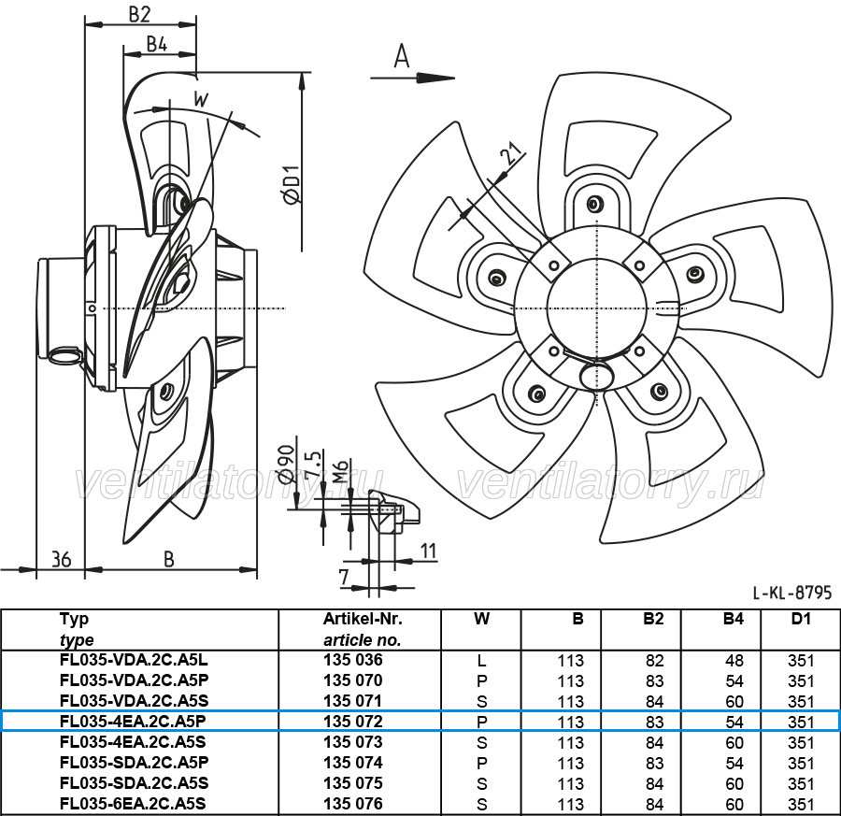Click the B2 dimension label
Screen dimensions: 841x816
coord(139,14)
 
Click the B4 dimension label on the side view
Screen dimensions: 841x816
coord(157,44)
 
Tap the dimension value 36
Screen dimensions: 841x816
coord(61,560)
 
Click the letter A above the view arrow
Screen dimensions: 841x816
coord(402,56)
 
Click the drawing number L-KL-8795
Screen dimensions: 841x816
coord(792,593)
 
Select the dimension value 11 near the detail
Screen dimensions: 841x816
coord(428,551)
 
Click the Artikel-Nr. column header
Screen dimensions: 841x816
coord(363,619)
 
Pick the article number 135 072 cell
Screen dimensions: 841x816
coord(353,722)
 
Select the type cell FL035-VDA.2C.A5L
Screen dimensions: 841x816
coord(134,660)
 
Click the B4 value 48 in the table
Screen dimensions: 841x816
coord(734,661)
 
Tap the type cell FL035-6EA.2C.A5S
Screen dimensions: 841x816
coord(134,804)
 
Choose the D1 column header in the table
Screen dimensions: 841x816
coord(801,619)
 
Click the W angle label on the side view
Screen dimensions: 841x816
coord(201,100)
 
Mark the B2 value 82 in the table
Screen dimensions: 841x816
coord(655,661)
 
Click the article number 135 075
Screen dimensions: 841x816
coord(353,783)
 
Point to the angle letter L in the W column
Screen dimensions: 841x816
coord(481,661)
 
